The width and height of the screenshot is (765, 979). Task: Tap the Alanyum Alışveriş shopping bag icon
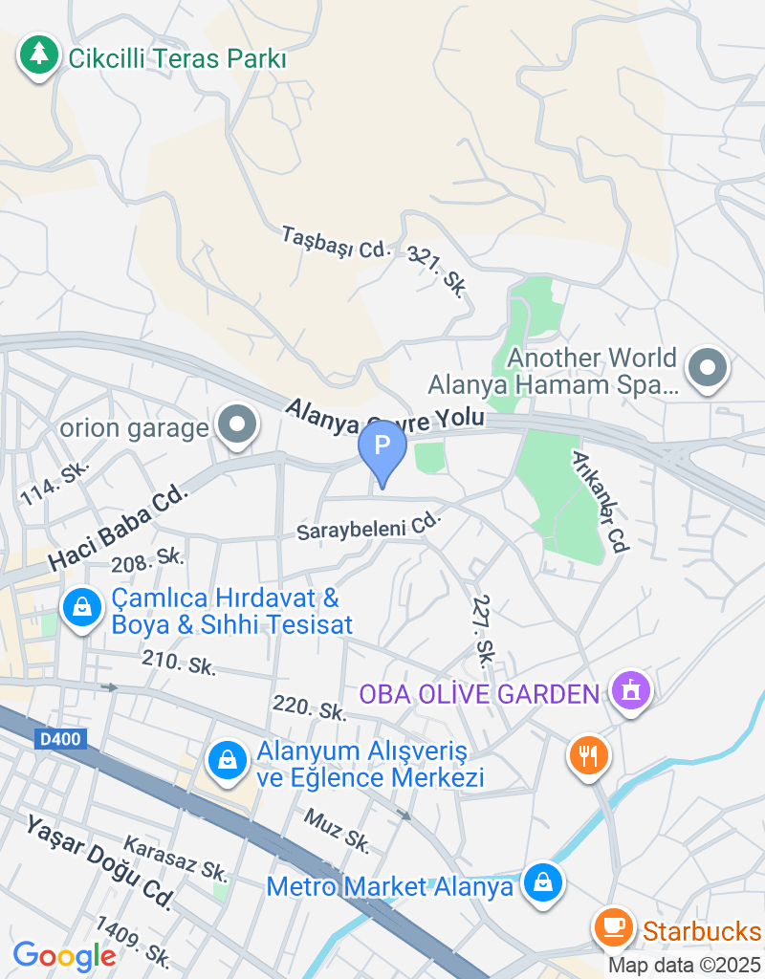tap(227, 760)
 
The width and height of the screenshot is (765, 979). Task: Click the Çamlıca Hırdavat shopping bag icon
tap(82, 608)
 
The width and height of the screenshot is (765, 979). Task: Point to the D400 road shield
tap(61, 739)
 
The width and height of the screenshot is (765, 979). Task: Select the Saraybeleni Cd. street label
tap(370, 526)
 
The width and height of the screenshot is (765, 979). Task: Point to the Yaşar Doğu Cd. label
tap(99, 861)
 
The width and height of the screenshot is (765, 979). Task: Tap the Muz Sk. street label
tap(337, 830)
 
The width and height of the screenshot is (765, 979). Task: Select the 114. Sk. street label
tap(55, 483)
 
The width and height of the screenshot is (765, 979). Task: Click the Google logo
tap(64, 955)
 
